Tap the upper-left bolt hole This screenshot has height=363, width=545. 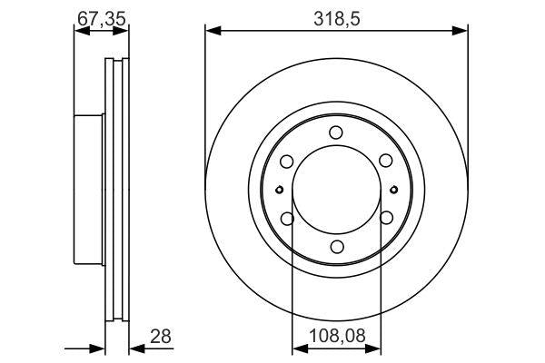(x=286, y=161)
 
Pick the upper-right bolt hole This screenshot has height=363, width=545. (x=385, y=161)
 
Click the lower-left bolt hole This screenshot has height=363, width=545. (x=286, y=218)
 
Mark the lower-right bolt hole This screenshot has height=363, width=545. (x=385, y=218)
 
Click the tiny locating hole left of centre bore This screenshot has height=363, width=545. (x=279, y=190)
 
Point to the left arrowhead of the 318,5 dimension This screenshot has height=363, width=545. (x=211, y=32)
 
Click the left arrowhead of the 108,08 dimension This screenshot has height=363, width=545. (x=295, y=348)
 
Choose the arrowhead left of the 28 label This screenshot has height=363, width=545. (x=101, y=348)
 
